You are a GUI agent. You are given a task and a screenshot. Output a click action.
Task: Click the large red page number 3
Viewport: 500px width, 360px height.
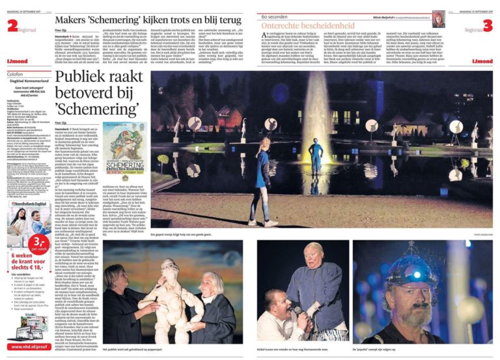pyautogui.click(x=488, y=25)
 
